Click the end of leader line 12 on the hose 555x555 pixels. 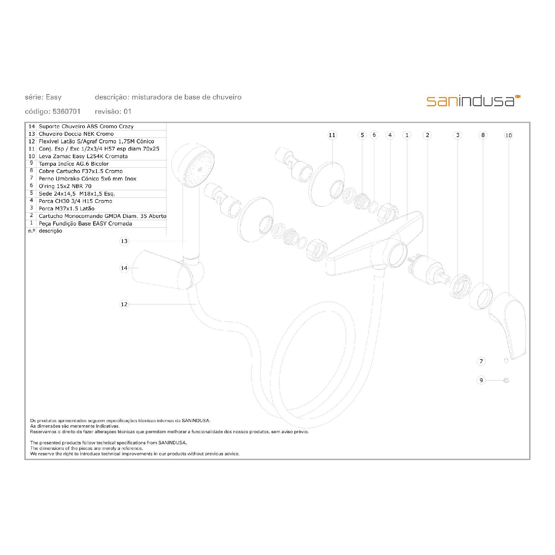(x=196, y=304)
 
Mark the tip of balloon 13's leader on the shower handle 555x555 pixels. (x=187, y=241)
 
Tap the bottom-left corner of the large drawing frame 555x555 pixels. (x=25, y=459)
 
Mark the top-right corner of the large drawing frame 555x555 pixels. (x=530, y=122)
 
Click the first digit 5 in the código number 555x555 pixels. (x=55, y=111)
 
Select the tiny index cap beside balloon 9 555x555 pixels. (x=506, y=380)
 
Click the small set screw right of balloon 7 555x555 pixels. (x=506, y=361)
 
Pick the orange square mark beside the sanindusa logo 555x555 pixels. (x=518, y=97)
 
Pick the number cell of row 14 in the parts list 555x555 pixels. (x=31, y=126)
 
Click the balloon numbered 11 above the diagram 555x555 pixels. (x=332, y=135)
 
